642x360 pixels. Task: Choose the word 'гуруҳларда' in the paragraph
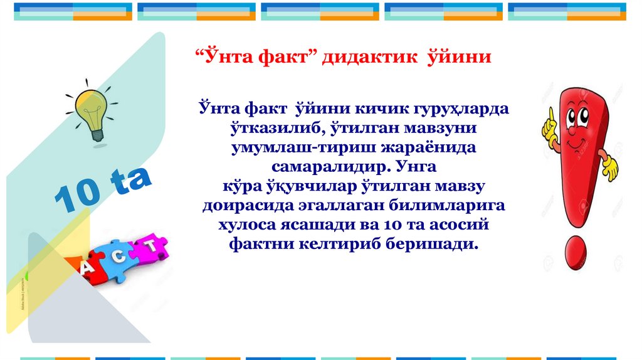click(460, 108)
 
